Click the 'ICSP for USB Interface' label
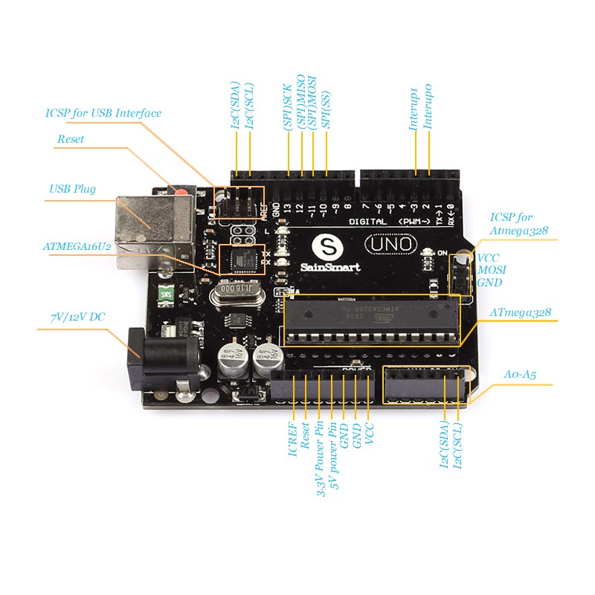(x=103, y=113)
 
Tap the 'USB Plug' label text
(x=72, y=189)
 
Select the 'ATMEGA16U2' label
(x=77, y=245)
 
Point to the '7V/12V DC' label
(x=77, y=317)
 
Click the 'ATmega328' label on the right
(x=521, y=313)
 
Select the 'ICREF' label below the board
(x=293, y=439)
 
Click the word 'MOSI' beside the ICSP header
(x=491, y=269)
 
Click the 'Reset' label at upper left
(x=71, y=139)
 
